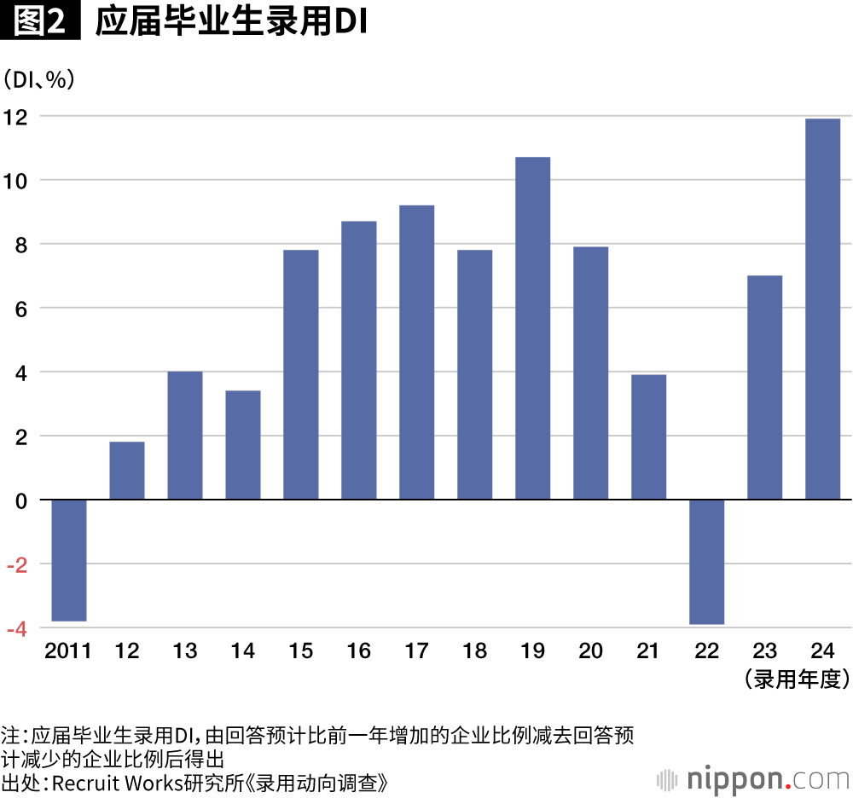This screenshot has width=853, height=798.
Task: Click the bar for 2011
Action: [x=69, y=560]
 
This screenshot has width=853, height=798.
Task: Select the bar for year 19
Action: [x=532, y=328]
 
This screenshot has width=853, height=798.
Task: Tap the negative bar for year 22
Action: [x=707, y=562]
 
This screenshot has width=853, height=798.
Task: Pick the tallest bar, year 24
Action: [x=822, y=309]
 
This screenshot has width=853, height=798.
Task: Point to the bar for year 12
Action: [x=127, y=471]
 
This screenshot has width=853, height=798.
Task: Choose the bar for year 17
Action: [x=416, y=352]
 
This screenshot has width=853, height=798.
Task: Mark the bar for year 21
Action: [x=648, y=437]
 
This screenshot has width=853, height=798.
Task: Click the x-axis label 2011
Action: [x=68, y=651]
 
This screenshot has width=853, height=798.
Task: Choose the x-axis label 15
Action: [x=300, y=651]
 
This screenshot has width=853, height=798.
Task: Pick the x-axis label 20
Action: [x=590, y=651]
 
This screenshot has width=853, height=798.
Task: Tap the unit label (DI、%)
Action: [x=39, y=80]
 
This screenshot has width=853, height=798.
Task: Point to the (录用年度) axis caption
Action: [x=797, y=679]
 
